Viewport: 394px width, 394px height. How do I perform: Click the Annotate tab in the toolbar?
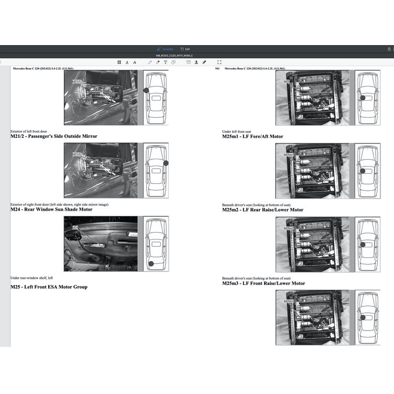(x=166, y=49)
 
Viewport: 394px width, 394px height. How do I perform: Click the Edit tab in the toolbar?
(x=185, y=49)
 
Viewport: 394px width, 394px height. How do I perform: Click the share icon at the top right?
(x=389, y=49)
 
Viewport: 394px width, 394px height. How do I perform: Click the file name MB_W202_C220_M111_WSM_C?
(x=174, y=56)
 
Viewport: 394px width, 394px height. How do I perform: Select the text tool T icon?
(x=166, y=62)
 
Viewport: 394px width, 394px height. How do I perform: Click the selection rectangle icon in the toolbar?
(x=219, y=62)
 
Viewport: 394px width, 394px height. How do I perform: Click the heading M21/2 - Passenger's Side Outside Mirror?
(x=53, y=136)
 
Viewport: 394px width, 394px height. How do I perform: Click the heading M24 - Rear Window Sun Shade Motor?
(x=51, y=210)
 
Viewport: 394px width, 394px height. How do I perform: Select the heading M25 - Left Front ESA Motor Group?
(x=49, y=287)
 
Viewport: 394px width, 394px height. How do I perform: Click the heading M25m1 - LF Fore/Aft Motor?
(x=253, y=136)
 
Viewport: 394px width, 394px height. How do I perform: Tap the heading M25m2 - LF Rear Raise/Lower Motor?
(x=262, y=210)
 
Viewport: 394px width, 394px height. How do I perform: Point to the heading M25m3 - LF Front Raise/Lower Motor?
(x=263, y=283)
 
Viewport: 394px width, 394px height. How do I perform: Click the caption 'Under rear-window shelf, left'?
(x=31, y=278)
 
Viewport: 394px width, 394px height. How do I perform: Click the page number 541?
(x=217, y=69)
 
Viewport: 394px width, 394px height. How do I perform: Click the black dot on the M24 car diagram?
(x=151, y=264)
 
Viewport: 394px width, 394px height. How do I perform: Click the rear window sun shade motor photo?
(x=101, y=244)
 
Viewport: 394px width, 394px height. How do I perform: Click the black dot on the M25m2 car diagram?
(x=362, y=244)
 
